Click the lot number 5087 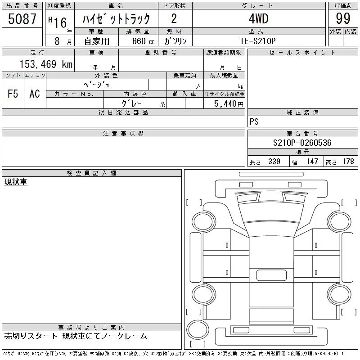[x=22, y=19]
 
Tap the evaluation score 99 [x=343, y=18]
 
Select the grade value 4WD [x=258, y=18]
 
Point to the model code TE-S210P [x=258, y=41]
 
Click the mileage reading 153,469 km [x=46, y=64]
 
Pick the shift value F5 [x=13, y=94]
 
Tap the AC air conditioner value [x=35, y=94]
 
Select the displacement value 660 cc [x=143, y=41]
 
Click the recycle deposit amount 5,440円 [x=229, y=104]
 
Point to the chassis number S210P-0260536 [x=302, y=143]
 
